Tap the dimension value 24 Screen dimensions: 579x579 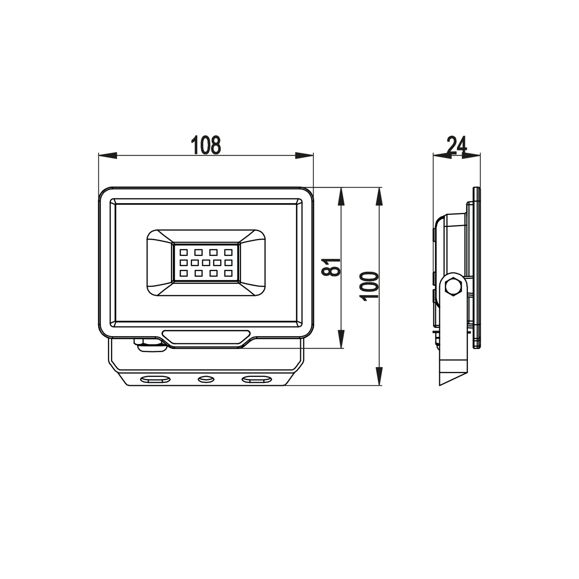pyautogui.click(x=457, y=145)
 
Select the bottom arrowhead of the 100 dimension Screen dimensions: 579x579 pyautogui.click(x=379, y=376)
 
